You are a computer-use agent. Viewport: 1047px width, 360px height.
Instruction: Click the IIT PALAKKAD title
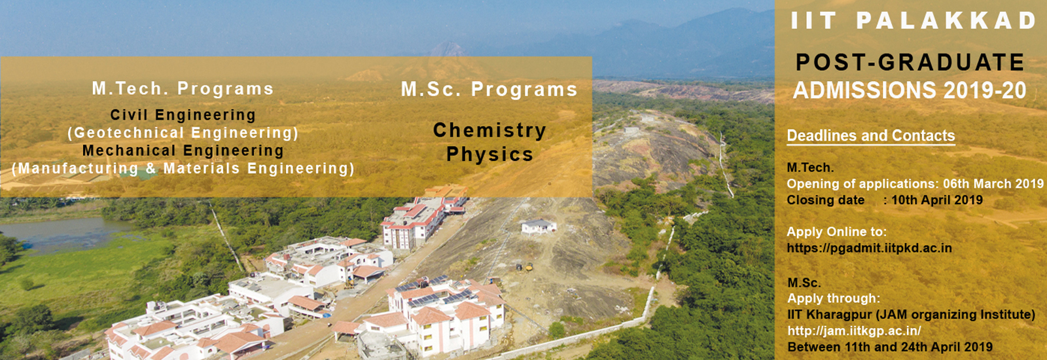click(914, 20)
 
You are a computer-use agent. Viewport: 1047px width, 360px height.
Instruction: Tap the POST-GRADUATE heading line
click(910, 62)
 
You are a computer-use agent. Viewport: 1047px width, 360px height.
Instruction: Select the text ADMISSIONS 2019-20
click(910, 90)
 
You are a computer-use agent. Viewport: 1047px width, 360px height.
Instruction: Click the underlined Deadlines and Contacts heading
click(871, 135)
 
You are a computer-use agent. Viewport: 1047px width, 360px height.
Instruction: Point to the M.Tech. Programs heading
click(183, 88)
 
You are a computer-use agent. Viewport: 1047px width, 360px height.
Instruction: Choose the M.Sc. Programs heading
click(489, 89)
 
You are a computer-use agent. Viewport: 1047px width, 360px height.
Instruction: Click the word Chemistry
click(490, 130)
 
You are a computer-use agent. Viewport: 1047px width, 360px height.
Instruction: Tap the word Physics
click(490, 154)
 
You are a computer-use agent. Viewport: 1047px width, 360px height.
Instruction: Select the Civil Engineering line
click(183, 115)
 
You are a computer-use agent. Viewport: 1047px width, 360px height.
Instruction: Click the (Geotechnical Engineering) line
click(183, 133)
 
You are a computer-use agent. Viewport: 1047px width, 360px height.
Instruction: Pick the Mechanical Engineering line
click(183, 151)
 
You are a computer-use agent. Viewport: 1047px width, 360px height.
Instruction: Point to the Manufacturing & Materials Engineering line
click(183, 168)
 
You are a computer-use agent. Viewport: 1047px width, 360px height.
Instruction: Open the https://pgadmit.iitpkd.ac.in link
click(870, 248)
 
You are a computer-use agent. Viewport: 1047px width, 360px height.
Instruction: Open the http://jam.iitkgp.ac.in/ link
click(855, 331)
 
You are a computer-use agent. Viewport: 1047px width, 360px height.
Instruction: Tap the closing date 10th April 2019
click(937, 200)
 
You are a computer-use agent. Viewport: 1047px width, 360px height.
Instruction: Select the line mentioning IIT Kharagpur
click(911, 315)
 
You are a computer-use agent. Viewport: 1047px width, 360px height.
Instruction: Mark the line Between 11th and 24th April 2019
click(890, 348)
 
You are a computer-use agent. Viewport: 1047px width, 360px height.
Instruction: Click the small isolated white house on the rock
click(539, 226)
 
